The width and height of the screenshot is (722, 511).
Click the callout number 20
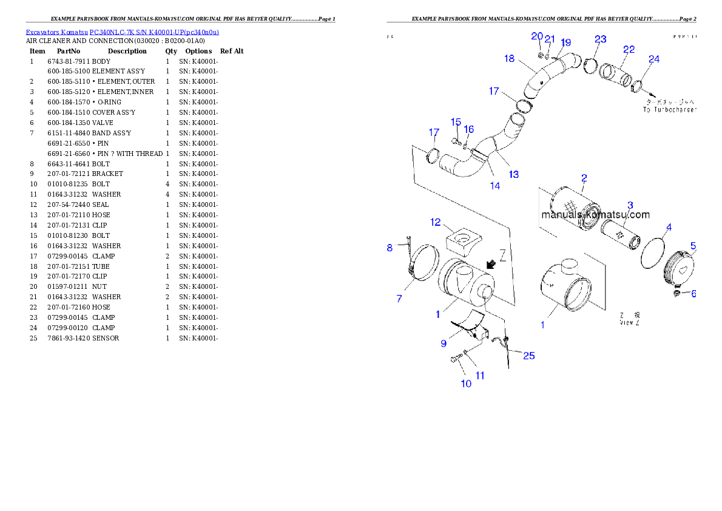click(537, 36)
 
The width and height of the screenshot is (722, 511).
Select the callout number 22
click(629, 50)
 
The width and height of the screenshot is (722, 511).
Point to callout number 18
click(509, 59)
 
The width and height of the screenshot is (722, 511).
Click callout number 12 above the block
click(436, 223)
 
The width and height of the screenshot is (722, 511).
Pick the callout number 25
click(529, 356)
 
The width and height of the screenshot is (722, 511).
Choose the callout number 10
click(466, 384)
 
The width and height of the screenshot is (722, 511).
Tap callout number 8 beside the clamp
click(390, 248)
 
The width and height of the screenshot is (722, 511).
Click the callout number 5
click(693, 246)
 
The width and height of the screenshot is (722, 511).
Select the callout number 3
click(630, 205)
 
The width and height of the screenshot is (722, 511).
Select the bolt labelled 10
click(454, 360)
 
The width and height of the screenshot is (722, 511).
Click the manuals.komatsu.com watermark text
click(595, 215)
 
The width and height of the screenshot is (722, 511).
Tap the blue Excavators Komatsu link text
click(122, 32)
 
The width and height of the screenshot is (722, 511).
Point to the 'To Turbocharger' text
click(669, 110)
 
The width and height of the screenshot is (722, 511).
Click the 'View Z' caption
click(629, 323)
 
